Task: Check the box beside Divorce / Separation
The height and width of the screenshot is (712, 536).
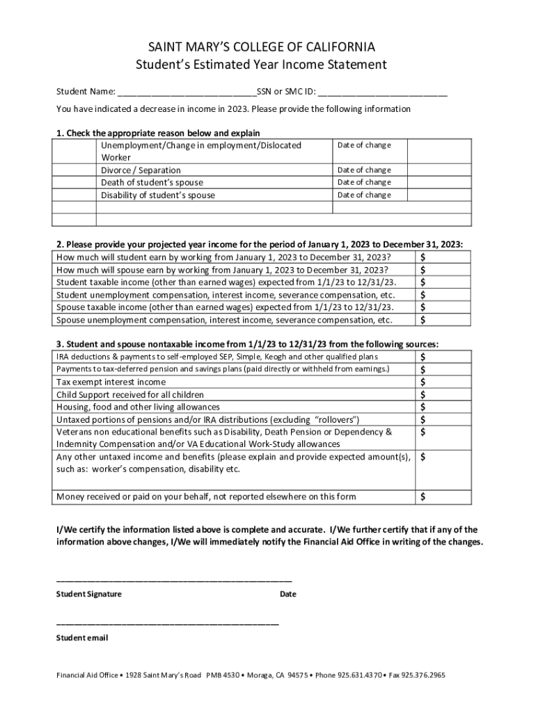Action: click(74, 170)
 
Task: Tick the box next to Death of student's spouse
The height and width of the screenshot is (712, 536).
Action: click(74, 182)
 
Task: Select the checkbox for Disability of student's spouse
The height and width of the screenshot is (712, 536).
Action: click(74, 195)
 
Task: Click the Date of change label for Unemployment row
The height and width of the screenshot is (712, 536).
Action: click(364, 145)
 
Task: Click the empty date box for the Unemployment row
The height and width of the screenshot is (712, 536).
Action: click(439, 151)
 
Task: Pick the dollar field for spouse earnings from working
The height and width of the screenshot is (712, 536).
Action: click(443, 270)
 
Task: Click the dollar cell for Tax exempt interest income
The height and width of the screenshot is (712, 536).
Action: click(443, 382)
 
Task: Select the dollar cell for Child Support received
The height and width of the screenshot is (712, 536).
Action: click(443, 394)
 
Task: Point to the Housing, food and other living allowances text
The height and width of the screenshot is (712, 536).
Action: click(138, 407)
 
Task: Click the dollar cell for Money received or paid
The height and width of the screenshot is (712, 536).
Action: click(443, 496)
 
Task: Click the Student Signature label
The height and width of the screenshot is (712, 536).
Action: click(88, 594)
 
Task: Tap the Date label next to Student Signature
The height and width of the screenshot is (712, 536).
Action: click(287, 594)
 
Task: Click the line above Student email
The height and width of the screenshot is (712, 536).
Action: click(167, 624)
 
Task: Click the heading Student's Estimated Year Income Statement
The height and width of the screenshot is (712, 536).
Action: click(261, 65)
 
